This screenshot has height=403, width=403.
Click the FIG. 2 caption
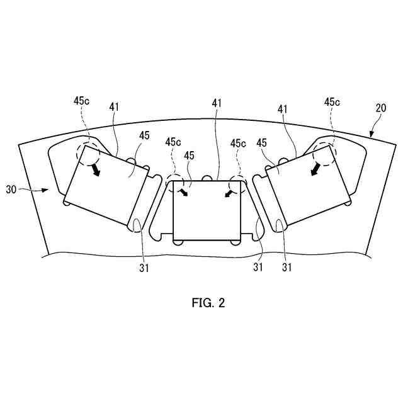(208, 304)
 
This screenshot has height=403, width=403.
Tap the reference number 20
(381, 108)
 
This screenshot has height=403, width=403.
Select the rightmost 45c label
(332, 101)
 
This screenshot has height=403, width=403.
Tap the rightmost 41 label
(283, 110)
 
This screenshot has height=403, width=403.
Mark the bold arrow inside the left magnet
(96, 170)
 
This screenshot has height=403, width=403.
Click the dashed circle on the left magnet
(86, 152)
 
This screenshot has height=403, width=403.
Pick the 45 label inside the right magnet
(264, 143)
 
